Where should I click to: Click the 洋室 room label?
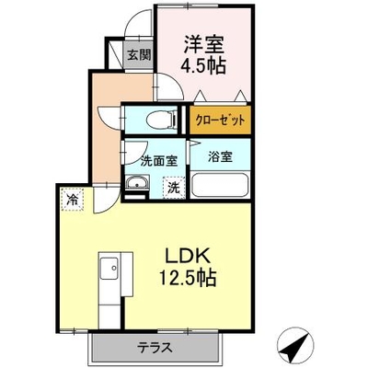coord(204,45)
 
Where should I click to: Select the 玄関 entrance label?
coord(139,55)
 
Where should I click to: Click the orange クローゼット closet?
coord(220,120)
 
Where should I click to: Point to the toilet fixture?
coord(161,120)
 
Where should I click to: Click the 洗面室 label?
coord(159,161)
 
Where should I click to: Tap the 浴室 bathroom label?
coord(220,156)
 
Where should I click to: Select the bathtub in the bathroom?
coord(220,185)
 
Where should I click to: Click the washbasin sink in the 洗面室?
coord(137,183)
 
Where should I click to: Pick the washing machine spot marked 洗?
coord(174,188)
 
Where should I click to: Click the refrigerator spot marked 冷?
coord(73,200)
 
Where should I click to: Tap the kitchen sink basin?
coord(109,268)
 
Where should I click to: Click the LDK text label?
coord(187,257)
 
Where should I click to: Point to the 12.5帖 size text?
coord(187,277)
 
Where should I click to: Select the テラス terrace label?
coord(154,348)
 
